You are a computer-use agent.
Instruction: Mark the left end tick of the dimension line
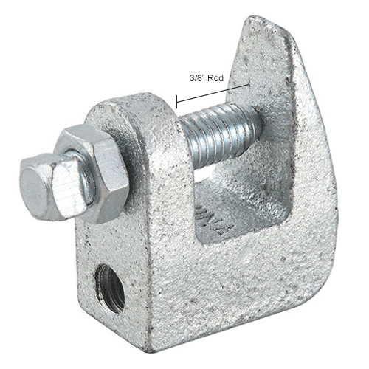click(x=177, y=97)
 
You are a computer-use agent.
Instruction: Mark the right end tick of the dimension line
click(x=249, y=84)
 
